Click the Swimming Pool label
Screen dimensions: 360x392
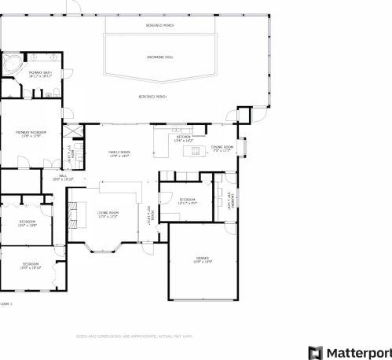click(x=160, y=57)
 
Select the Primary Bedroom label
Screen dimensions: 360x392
click(x=31, y=133)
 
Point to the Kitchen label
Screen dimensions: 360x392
click(x=184, y=137)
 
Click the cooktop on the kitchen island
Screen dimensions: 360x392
click(x=192, y=149)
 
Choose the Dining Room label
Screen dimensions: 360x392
click(x=223, y=147)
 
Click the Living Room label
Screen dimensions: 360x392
click(x=108, y=213)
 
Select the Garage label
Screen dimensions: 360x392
click(x=203, y=258)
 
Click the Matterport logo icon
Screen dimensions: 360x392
click(x=315, y=352)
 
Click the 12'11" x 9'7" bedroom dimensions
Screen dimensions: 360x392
click(x=187, y=204)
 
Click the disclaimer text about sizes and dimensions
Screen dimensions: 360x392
click(x=134, y=336)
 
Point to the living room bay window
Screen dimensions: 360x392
click(x=105, y=251)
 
